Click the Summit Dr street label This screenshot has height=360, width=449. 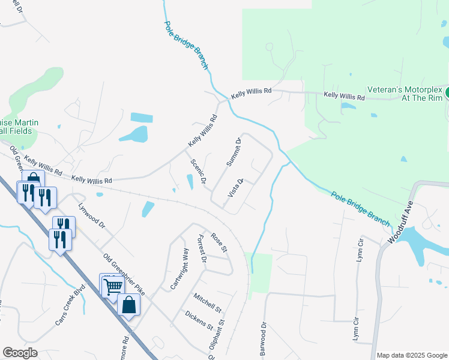tap(234, 152)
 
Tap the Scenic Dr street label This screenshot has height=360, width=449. tap(198, 171)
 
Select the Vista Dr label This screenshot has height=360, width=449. tap(235, 188)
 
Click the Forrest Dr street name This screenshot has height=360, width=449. tap(201, 251)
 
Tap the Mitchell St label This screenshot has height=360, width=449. tap(208, 302)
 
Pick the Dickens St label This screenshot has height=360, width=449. tap(199, 320)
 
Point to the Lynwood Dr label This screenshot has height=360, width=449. tap(92, 216)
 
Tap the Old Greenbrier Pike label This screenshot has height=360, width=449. tap(124, 275)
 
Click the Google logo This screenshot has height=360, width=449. tap(20, 353)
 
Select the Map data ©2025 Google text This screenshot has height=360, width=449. tap(411, 355)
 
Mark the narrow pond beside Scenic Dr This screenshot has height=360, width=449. tap(190, 181)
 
